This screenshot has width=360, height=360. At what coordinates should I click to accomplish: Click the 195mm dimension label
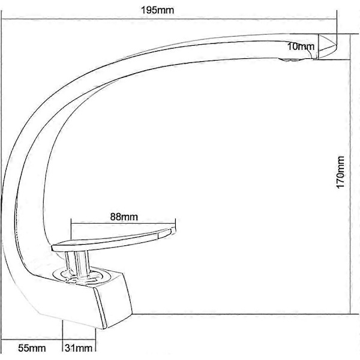[157, 10]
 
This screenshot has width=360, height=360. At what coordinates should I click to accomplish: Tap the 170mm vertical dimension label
[340, 172]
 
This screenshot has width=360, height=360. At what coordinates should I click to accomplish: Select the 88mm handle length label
[124, 217]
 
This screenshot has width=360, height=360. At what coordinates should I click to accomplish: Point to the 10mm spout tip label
[301, 47]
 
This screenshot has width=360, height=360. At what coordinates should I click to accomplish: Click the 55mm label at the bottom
[32, 348]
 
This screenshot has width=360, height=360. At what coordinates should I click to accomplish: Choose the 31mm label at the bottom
[79, 348]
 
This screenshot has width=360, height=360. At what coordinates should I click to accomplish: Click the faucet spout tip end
[337, 47]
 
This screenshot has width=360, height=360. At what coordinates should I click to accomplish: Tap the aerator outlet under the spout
[290, 60]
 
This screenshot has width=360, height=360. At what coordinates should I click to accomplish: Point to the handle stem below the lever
[76, 263]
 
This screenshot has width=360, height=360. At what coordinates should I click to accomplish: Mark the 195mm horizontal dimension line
[169, 19]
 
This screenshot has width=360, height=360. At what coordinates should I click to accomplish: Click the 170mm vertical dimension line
[350, 174]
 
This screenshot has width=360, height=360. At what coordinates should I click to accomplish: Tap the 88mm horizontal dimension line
[123, 223]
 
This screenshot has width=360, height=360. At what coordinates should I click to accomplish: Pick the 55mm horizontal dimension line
[32, 339]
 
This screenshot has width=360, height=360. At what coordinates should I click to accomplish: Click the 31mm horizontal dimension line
[79, 339]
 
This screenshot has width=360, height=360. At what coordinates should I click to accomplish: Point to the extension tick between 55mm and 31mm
[62, 335]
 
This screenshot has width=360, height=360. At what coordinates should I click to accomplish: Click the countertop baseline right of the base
[245, 314]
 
